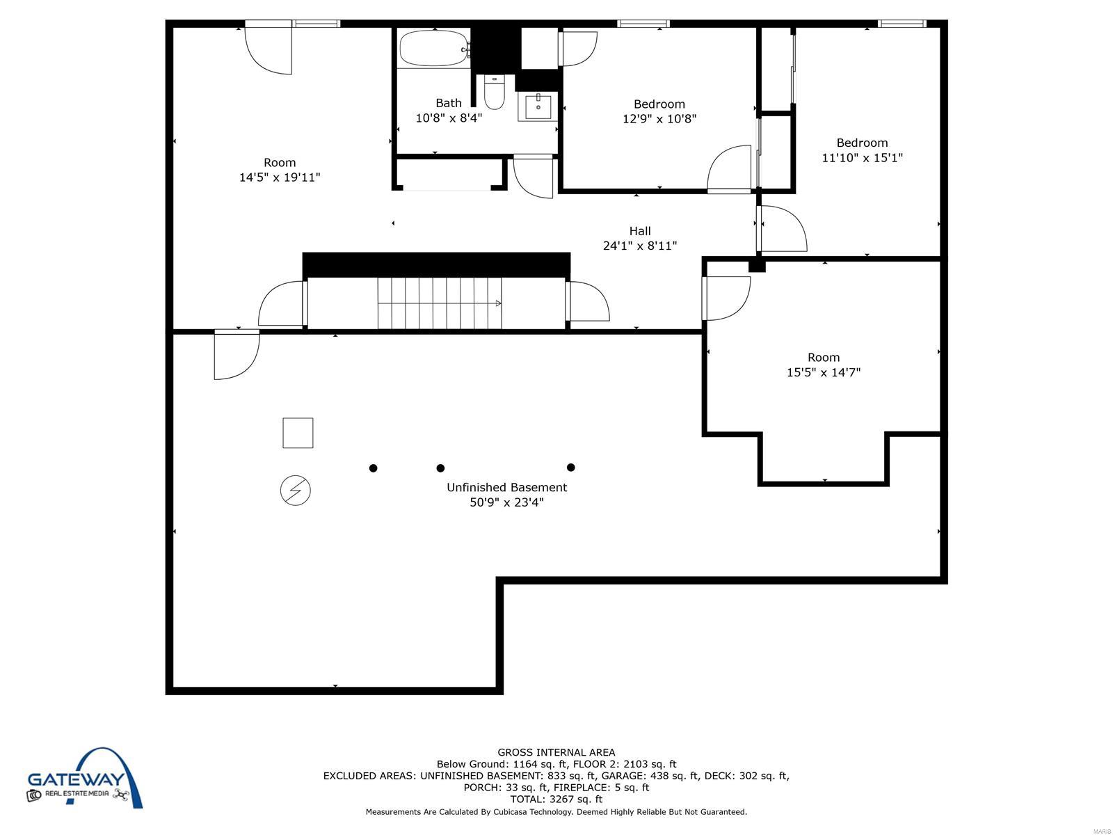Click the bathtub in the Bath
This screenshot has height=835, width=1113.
click(434, 48)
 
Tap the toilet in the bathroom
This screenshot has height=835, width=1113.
click(493, 92)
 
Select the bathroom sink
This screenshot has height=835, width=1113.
click(538, 106)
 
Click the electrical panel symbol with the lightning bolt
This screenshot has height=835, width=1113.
click(295, 491)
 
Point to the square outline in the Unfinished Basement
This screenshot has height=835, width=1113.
click(298, 432)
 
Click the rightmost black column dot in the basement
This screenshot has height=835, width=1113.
click(570, 467)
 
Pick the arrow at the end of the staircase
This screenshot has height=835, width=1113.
click(498, 303)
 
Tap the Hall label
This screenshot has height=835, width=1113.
click(639, 231)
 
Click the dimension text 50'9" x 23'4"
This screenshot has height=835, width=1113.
click(506, 502)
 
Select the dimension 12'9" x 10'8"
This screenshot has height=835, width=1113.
click(659, 118)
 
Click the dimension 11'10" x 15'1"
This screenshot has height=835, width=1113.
click(862, 158)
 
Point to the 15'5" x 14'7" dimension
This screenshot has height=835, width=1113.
click(824, 372)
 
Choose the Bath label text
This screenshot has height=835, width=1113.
click(448, 103)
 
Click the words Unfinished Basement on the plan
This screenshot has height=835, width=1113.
click(506, 487)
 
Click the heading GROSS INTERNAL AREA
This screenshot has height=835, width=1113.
click(556, 752)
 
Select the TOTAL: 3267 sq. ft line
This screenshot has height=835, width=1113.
click(556, 799)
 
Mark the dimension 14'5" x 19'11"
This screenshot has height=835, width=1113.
click(280, 177)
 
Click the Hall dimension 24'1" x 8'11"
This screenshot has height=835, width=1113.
click(639, 246)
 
